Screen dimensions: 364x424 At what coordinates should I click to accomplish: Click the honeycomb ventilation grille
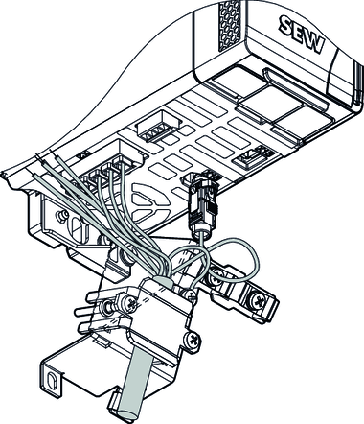coord(229,26)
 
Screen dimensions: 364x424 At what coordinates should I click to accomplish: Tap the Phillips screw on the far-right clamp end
coord(258,300)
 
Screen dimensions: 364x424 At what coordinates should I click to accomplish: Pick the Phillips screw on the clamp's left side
coord(129,302)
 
